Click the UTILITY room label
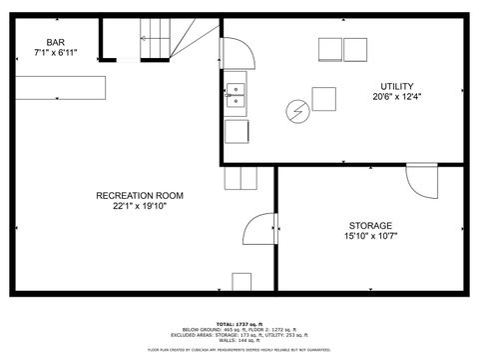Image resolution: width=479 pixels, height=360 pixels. tap(397, 87)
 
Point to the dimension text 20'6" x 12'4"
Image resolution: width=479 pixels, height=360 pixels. tap(397, 97)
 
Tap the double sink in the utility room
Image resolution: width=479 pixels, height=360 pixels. tap(237, 95)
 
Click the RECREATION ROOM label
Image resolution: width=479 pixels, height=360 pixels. tap(139, 196)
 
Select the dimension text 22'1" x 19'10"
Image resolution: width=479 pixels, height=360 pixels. tap(139, 207)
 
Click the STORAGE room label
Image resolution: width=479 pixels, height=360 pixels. tap(370, 226)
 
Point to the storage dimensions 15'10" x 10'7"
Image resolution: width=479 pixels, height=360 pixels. tap(370, 237)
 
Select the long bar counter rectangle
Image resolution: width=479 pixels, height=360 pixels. tap(61, 88)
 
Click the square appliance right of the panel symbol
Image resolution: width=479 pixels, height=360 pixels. tap(324, 99)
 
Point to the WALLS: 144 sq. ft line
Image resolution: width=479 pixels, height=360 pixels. tap(239, 340)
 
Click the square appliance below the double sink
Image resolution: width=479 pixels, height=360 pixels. tap(237, 130)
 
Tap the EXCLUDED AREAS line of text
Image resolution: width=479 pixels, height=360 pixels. tap(239, 334)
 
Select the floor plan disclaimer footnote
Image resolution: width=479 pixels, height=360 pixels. tap(239, 350)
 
